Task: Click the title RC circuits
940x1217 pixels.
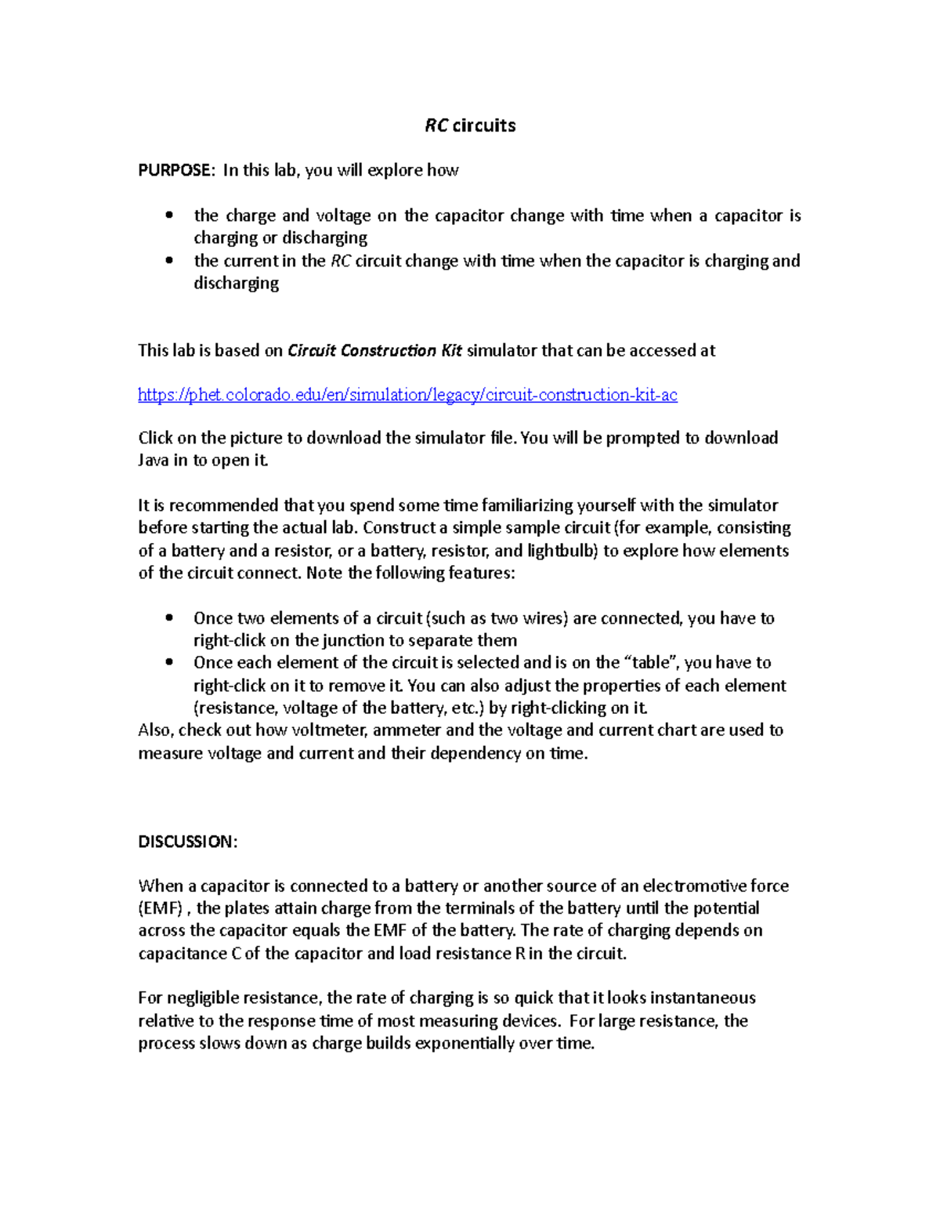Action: [x=470, y=125]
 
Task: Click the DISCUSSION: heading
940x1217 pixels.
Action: [x=187, y=841]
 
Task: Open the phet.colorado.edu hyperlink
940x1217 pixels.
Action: [x=407, y=394]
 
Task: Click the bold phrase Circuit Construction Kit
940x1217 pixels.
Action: [x=374, y=350]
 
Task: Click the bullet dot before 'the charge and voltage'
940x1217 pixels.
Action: [x=169, y=215]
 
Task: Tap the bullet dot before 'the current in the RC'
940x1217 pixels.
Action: [x=169, y=260]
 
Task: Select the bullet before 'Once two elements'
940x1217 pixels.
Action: [x=169, y=618]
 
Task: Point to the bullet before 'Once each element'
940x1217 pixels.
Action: [x=169, y=662]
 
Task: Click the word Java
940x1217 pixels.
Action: [x=154, y=460]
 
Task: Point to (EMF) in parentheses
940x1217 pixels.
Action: [x=161, y=908]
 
